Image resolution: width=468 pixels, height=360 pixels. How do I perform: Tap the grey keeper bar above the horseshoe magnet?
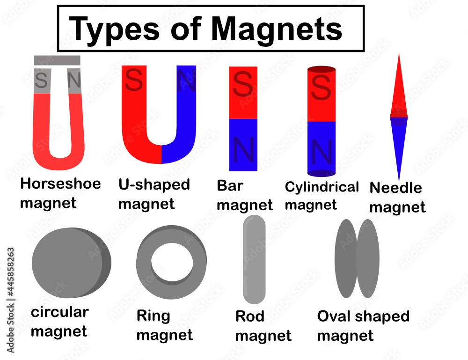tap(57, 60)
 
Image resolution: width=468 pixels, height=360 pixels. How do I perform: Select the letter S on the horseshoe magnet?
tap(41, 81)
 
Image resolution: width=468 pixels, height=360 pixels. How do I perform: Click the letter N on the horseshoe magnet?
tap(74, 81)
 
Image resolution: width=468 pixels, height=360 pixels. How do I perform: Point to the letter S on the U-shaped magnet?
tap(134, 81)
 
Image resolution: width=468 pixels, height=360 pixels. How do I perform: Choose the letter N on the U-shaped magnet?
tap(186, 82)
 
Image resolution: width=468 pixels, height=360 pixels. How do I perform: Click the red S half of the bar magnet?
tap(243, 92)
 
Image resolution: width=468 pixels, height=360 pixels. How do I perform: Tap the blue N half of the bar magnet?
tap(243, 145)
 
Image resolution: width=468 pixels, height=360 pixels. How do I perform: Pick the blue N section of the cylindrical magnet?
tap(321, 147)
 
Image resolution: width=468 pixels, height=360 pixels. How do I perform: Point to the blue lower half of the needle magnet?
tap(399, 140)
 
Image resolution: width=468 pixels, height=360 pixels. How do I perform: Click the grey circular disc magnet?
tap(68, 264)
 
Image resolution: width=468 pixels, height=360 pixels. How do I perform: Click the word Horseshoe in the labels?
tap(60, 184)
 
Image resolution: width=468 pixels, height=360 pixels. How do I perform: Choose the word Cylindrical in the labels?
tap(322, 187)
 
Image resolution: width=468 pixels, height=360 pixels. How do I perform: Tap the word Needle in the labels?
tap(395, 188)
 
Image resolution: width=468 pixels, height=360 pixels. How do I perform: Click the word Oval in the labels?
tap(333, 316)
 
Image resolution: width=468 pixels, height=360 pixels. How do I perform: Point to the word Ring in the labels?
tap(153, 316)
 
